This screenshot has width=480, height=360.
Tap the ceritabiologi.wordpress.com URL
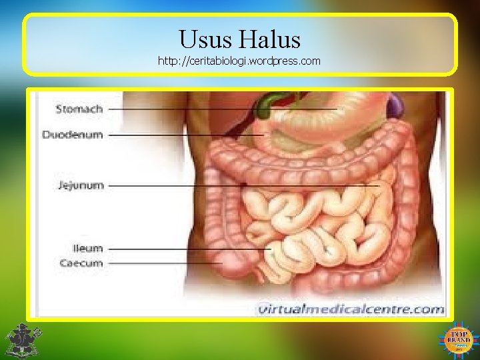pyautogui.click(x=239, y=61)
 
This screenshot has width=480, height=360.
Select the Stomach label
pyautogui.click(x=79, y=108)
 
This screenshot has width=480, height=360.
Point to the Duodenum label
pyautogui.click(x=73, y=135)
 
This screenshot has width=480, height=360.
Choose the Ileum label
pyautogui.click(x=87, y=248)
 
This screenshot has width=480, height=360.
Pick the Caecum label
pyautogui.click(x=81, y=263)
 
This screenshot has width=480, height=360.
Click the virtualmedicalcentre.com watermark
pyautogui.click(x=351, y=309)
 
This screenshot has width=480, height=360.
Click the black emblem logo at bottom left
pyautogui.click(x=23, y=340)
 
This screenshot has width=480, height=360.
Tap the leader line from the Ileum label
pyautogui.click(x=187, y=249)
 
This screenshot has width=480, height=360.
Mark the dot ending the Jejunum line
pyautogui.click(x=246, y=184)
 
